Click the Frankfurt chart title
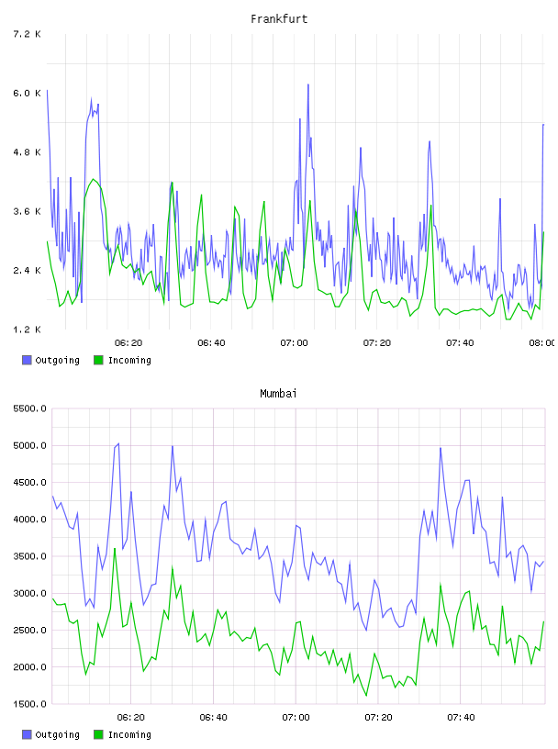coord(279,19)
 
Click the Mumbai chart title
coord(278,394)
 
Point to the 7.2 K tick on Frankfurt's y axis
coord(27,34)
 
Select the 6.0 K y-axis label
coord(27,93)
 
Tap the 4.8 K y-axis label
coord(27,152)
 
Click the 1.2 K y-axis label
coord(27,330)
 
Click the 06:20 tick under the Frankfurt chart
coord(128,343)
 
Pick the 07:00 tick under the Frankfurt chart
coord(295,343)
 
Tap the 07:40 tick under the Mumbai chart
coord(461,718)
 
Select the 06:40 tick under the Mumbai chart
coord(213,718)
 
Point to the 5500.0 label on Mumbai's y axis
coord(30,408)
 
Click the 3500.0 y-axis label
coord(30,556)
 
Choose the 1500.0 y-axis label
coord(30,704)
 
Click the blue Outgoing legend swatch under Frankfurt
coord(27,360)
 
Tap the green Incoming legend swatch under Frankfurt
coord(98,360)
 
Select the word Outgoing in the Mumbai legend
coord(57,734)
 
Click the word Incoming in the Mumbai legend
coord(129,734)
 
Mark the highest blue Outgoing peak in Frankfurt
coord(308,84)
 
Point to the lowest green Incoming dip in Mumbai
coord(366,696)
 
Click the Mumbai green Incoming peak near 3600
coord(115,548)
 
